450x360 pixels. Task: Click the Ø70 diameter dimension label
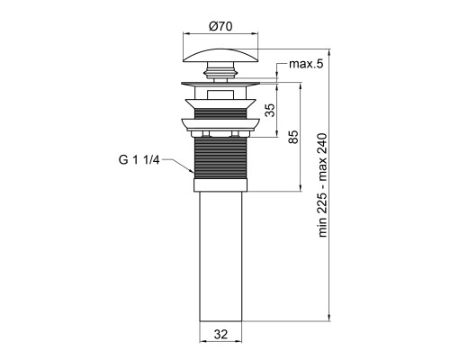[x=220, y=26]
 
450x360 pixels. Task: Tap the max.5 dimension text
[x=306, y=64]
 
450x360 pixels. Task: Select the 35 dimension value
[x=270, y=110]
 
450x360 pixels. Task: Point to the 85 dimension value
[x=294, y=137]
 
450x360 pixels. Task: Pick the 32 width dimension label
[x=220, y=334]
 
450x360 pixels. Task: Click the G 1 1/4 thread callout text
[x=139, y=160]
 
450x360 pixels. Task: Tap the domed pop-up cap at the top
[x=220, y=55]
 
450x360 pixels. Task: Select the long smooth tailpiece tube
[x=220, y=256]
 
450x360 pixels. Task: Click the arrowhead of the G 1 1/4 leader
[x=192, y=171]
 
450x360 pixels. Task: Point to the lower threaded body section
[x=220, y=158]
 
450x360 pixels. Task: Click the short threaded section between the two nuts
[x=220, y=113]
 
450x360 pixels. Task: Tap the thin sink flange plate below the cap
[x=220, y=84]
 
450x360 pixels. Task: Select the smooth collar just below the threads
[x=220, y=185]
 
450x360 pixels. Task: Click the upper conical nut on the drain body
[x=220, y=103]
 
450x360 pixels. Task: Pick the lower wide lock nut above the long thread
[x=220, y=125]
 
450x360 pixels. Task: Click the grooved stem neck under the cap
[x=220, y=72]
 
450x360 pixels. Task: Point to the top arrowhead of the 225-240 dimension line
[x=329, y=52]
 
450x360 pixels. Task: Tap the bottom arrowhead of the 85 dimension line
[x=300, y=188]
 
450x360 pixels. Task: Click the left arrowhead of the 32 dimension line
[x=203, y=341]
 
